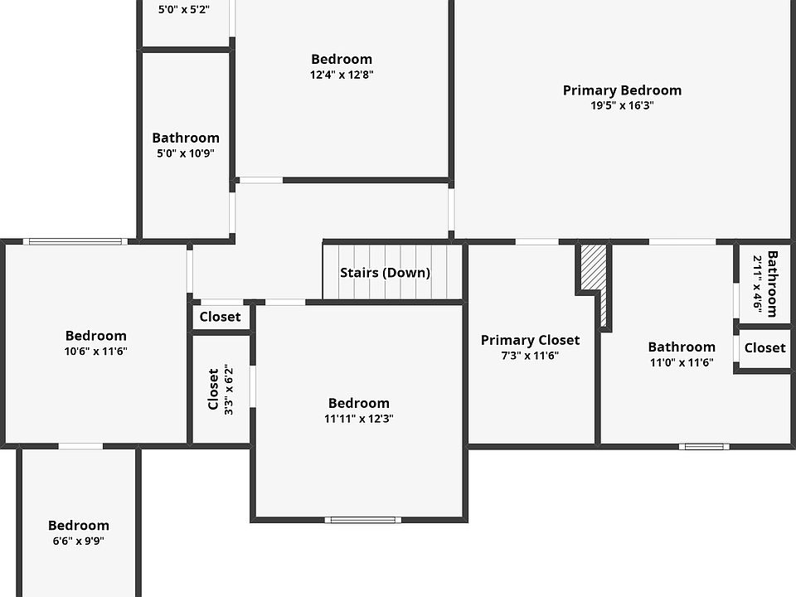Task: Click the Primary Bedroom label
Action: tap(622, 90)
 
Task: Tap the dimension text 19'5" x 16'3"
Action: tap(622, 105)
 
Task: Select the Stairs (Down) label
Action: tap(385, 273)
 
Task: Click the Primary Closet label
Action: tap(530, 340)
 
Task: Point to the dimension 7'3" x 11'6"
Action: tap(530, 355)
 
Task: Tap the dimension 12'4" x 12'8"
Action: tap(342, 74)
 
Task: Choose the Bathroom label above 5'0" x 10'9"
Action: tap(186, 138)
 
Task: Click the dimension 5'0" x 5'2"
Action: tap(183, 10)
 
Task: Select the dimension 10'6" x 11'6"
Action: tap(96, 351)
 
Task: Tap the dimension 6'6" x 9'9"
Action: tap(78, 541)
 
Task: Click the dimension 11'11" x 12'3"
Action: tap(358, 419)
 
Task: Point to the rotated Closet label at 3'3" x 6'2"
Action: tap(213, 389)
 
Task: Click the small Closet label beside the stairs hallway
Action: tap(221, 317)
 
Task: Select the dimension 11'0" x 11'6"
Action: tap(682, 362)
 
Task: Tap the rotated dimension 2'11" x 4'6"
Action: tap(757, 283)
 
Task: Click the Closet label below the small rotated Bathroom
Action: tap(764, 348)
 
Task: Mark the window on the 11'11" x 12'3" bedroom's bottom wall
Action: tap(362, 520)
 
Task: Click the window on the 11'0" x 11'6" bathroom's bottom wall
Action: tap(704, 446)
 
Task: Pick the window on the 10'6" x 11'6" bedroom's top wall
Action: tap(75, 241)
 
